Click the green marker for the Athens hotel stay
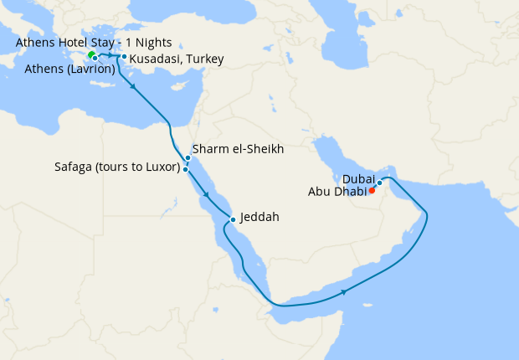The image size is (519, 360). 91,55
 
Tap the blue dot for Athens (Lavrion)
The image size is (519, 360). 95,59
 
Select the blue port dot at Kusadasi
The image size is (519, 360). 124,57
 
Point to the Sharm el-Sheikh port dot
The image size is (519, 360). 188,157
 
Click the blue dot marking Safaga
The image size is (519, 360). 186,169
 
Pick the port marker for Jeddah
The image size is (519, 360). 233,220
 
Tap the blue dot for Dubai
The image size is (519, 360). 379,183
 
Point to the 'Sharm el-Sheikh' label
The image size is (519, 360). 239,149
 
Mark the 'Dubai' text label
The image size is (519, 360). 357,177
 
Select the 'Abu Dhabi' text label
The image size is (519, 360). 338,190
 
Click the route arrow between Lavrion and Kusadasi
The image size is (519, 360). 111,56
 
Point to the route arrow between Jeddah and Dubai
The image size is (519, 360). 344,290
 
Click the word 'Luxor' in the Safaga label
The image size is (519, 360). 160,167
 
